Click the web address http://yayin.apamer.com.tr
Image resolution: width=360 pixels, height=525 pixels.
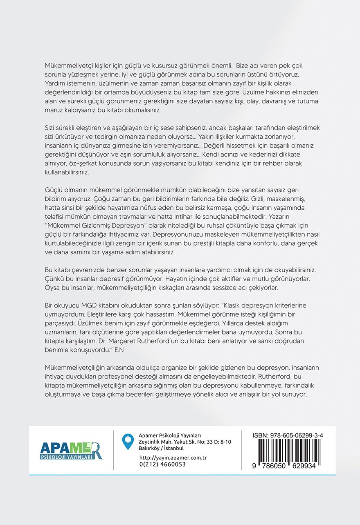click(x=173, y=458)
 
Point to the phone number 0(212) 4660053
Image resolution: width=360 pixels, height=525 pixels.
click(x=162, y=464)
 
